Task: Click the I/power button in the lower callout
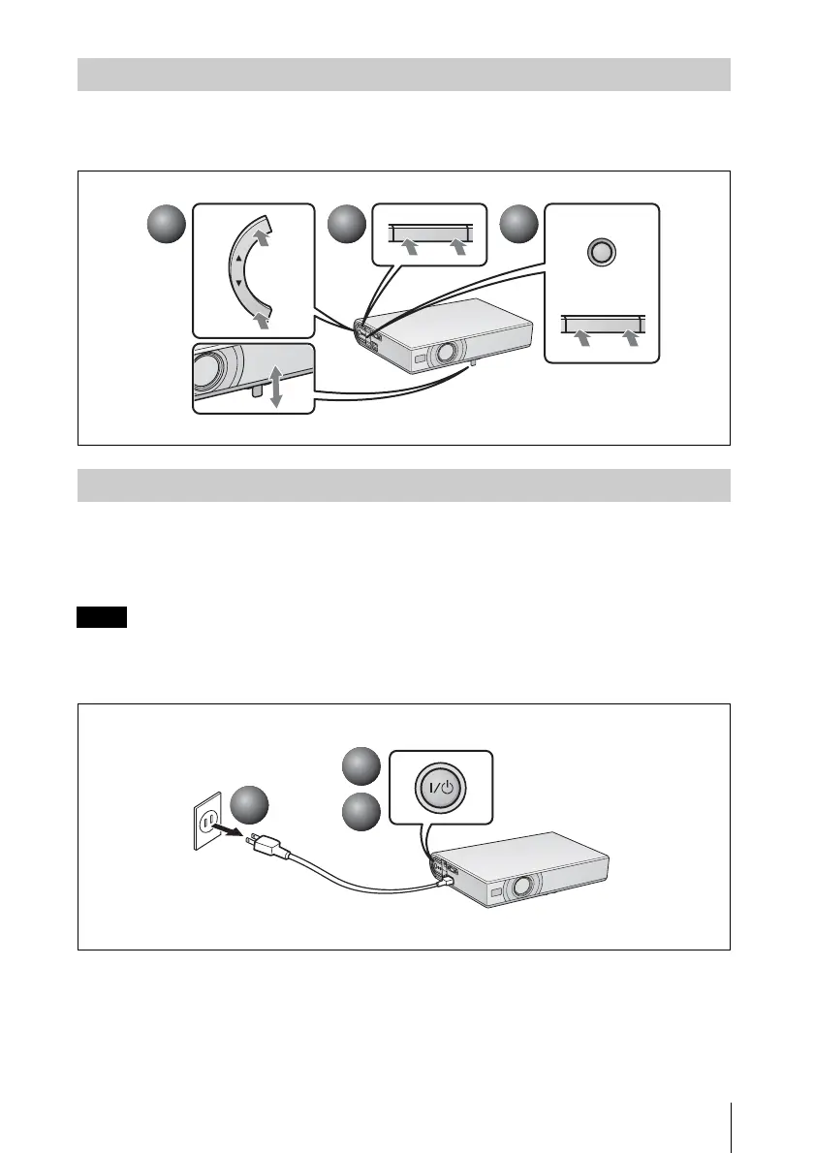coord(443,789)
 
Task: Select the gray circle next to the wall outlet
coord(252,806)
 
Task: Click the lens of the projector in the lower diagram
coord(523,886)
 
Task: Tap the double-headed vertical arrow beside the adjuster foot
coord(275,387)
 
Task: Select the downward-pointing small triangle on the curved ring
coord(238,282)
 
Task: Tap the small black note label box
coord(102,618)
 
